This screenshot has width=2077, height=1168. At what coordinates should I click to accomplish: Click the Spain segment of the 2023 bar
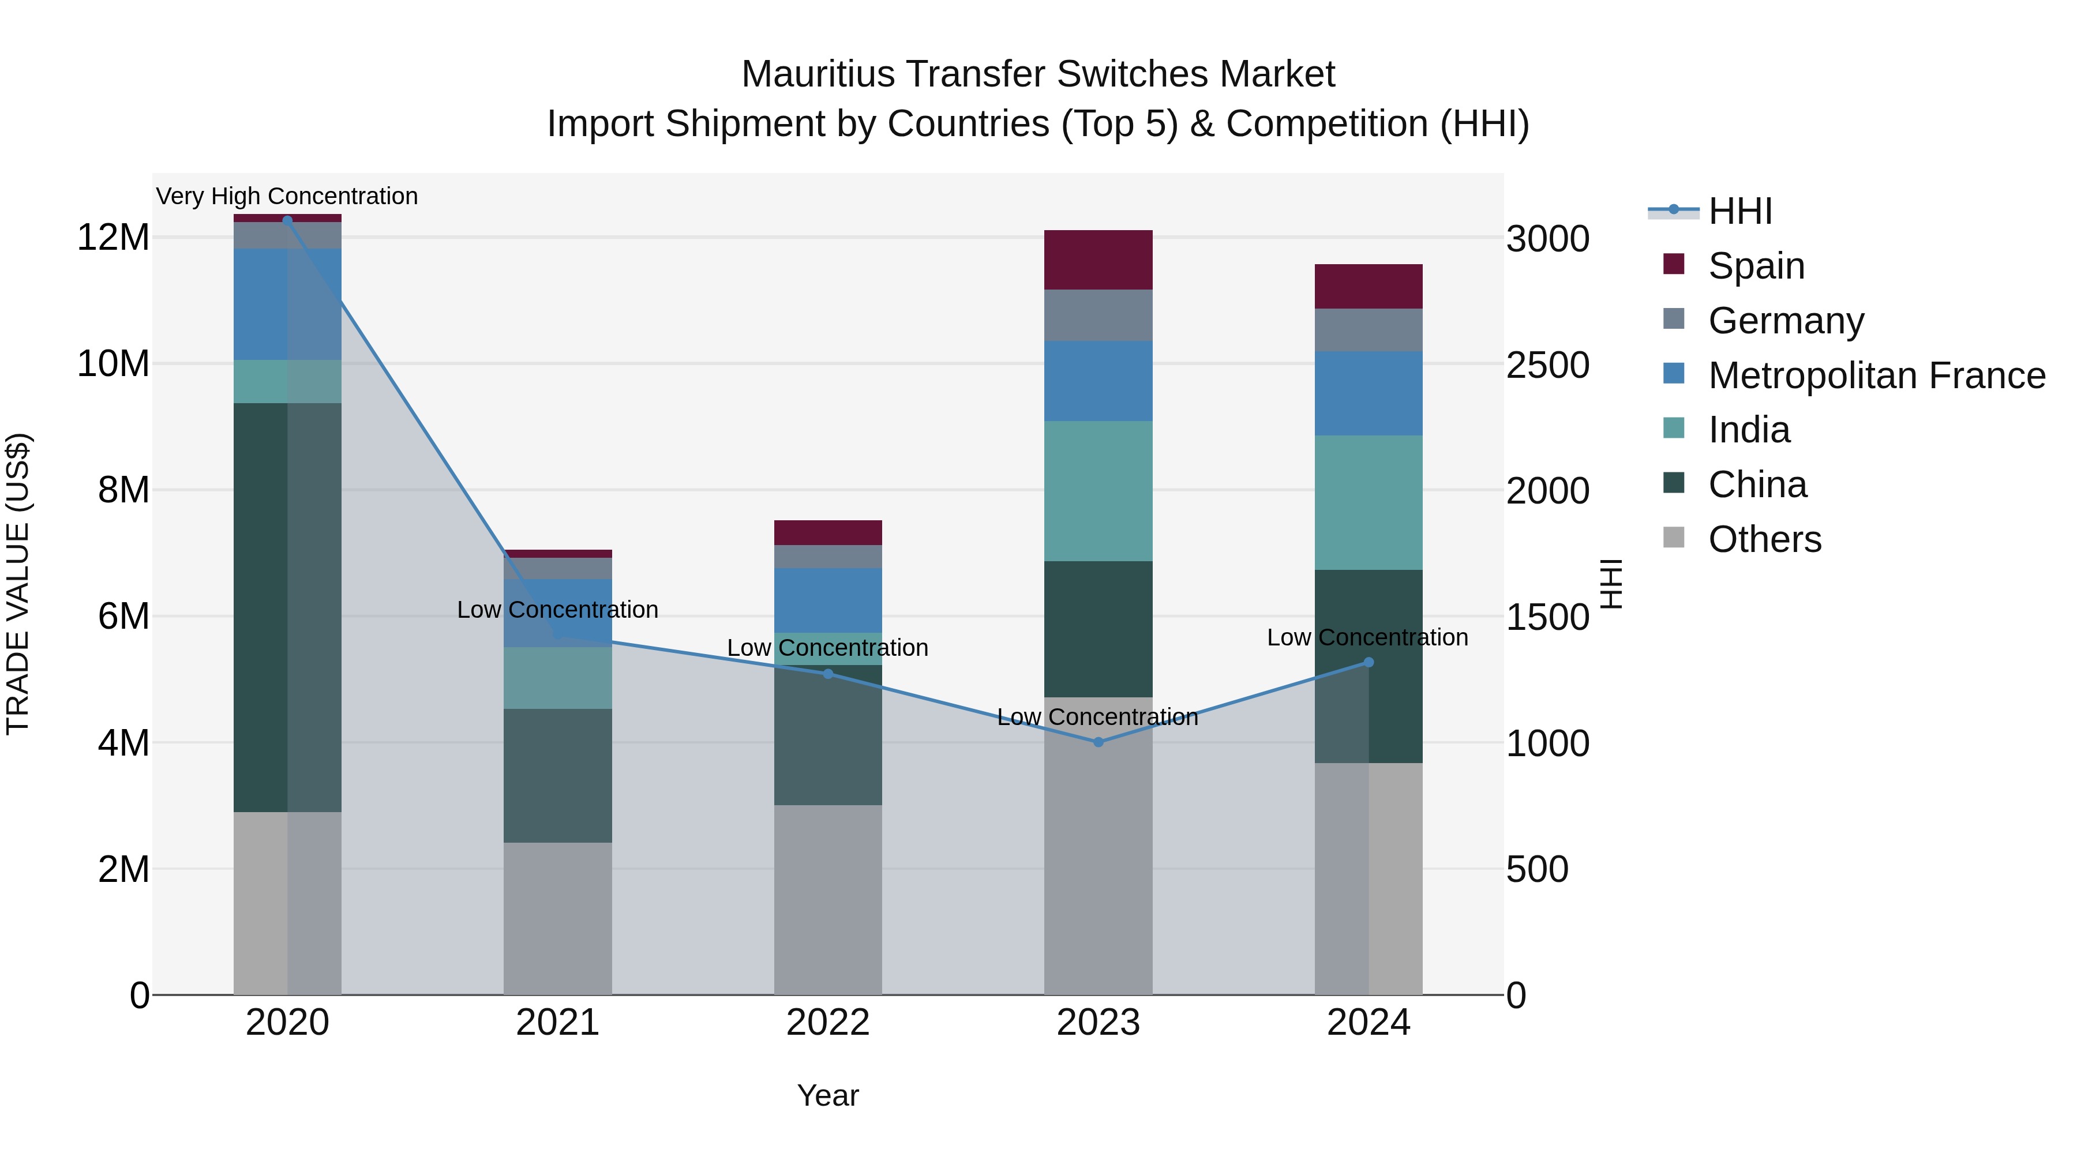tap(1097, 260)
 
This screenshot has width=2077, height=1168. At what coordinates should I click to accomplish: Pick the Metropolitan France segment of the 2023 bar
tap(1097, 381)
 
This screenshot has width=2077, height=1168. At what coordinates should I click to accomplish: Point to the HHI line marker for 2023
tap(1097, 742)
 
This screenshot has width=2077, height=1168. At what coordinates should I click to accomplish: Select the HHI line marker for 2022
tap(827, 673)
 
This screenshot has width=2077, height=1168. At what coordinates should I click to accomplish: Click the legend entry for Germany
tap(1785, 320)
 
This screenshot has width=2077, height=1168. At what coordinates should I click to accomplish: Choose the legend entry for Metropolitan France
tap(1876, 375)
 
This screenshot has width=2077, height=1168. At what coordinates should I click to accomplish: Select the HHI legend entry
tap(1739, 211)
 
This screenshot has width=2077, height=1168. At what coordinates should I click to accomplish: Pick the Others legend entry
tap(1764, 539)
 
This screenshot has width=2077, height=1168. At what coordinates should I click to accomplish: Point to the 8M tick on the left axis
tap(123, 490)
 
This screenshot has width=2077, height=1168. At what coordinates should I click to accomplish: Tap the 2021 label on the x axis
tap(557, 1023)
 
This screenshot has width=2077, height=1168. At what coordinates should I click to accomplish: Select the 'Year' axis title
tap(827, 1095)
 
